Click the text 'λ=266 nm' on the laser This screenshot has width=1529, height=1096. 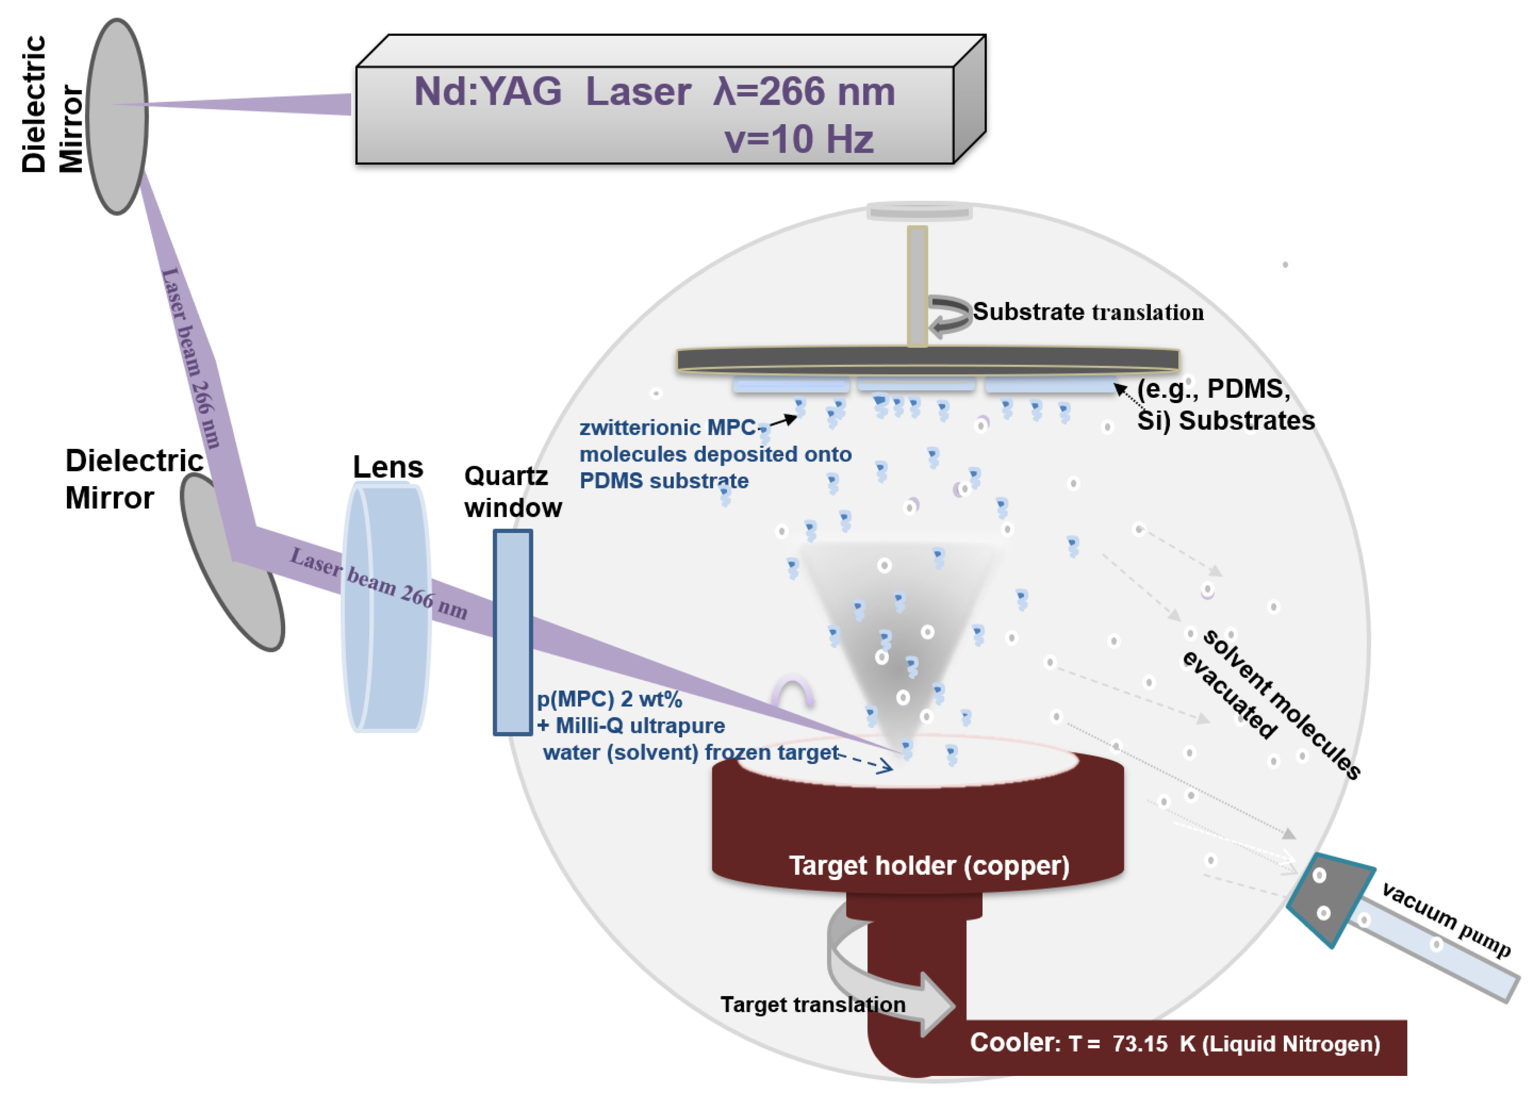click(803, 92)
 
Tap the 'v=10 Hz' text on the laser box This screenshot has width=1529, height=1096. click(799, 139)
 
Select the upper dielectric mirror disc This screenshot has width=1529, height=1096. click(118, 116)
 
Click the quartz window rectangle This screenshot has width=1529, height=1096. click(513, 632)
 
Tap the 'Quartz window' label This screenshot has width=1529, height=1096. click(513, 491)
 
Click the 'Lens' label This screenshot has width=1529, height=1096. click(388, 467)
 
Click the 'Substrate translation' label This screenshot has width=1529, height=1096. click(1088, 312)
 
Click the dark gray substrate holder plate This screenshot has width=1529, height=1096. click(928, 359)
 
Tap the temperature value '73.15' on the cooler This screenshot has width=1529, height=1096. click(1140, 1043)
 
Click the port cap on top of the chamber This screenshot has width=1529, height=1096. click(919, 212)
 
